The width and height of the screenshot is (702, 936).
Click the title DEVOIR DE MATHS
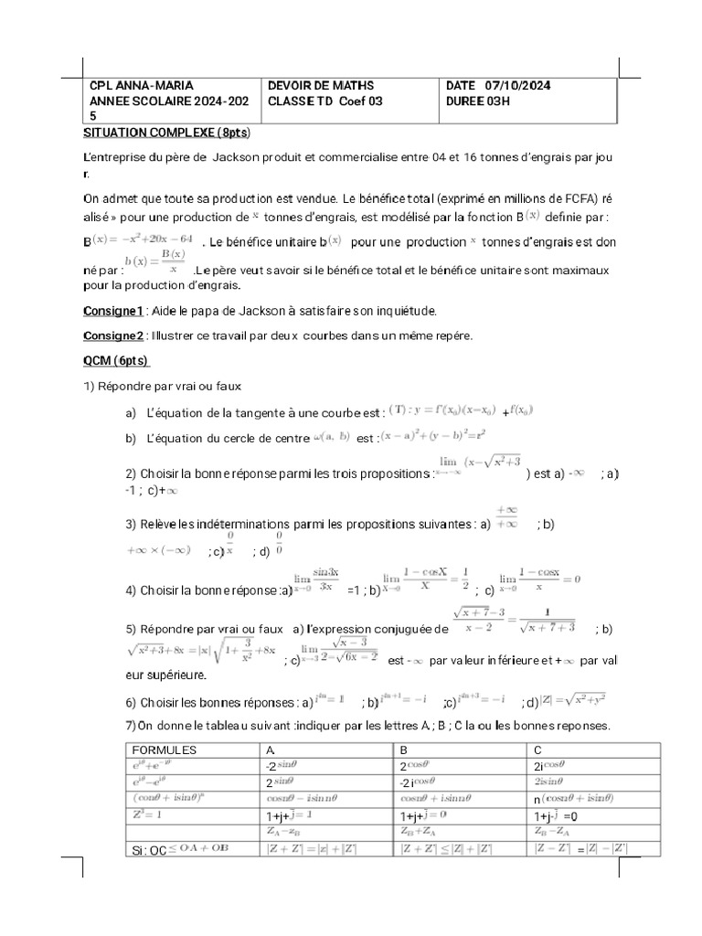point(321,86)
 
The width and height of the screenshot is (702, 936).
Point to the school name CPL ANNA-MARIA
point(142,86)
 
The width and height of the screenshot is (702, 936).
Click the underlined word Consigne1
point(113,311)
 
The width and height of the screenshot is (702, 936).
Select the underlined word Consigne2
point(114,335)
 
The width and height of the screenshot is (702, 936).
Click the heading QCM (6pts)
point(116,360)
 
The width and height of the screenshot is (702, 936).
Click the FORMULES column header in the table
point(165,750)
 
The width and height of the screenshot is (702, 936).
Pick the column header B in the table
point(405,750)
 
